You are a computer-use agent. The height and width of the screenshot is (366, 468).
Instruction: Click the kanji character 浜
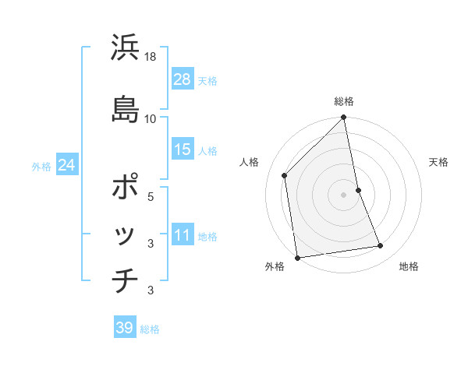pyautogui.click(x=125, y=49)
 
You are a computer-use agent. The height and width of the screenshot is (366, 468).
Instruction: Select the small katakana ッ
pyautogui.click(x=125, y=236)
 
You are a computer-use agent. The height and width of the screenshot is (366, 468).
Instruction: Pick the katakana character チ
pyautogui.click(x=125, y=280)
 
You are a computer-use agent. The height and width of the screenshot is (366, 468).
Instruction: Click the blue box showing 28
pyautogui.click(x=182, y=79)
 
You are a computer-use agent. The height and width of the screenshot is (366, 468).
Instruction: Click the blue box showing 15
pyautogui.click(x=182, y=150)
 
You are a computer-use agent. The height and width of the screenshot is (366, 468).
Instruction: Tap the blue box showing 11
pyautogui.click(x=182, y=236)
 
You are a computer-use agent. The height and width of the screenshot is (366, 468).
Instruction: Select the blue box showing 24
pyautogui.click(x=66, y=165)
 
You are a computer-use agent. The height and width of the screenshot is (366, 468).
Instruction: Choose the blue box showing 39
pyautogui.click(x=124, y=328)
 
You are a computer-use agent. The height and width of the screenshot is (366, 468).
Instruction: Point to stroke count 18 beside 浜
pyautogui.click(x=151, y=58)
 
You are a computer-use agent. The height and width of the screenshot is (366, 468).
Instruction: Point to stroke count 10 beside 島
pyautogui.click(x=151, y=118)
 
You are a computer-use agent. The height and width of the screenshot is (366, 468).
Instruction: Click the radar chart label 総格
pyautogui.click(x=344, y=101)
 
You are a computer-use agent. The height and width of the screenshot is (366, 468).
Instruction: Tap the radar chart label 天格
pyautogui.click(x=438, y=162)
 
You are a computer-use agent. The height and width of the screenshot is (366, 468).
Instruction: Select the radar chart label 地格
pyautogui.click(x=409, y=267)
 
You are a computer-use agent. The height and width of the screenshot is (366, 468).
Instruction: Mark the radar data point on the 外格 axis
pyautogui.click(x=297, y=257)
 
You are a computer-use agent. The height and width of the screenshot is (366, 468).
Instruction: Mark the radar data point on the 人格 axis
pyautogui.click(x=285, y=175)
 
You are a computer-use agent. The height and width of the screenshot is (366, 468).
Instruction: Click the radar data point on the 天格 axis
pyautogui.click(x=358, y=190)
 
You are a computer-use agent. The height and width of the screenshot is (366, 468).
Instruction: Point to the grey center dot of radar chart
pyautogui.click(x=344, y=195)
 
